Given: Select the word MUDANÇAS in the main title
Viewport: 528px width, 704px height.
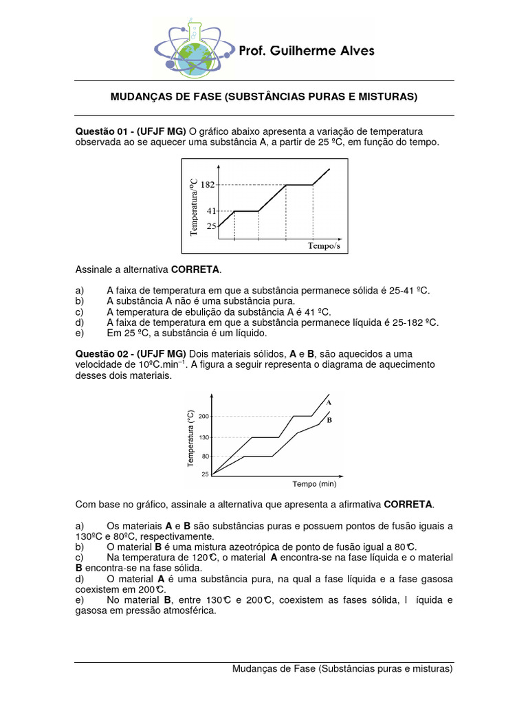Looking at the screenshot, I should pos(142,98).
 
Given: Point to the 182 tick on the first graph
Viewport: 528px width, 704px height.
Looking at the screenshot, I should pos(208,185).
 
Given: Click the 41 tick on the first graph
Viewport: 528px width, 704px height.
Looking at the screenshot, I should pos(211,211).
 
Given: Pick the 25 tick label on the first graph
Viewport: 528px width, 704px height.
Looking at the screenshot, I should pos(211,226).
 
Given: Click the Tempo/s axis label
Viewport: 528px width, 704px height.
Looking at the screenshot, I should pos(324,245).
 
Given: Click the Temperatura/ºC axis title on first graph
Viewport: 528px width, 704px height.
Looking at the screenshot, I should pos(194,207).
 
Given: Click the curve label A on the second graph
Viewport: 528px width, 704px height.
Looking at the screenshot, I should pos(329,401).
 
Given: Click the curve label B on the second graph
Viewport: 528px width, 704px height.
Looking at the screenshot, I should pos(329,419).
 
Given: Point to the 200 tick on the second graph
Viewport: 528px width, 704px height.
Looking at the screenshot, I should pos(203,416).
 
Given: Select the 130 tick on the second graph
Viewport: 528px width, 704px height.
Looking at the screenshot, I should pos(203,437).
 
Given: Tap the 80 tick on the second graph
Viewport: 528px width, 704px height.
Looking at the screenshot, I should pos(205,456).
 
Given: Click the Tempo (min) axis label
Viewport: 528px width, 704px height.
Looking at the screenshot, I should pos(314,484).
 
